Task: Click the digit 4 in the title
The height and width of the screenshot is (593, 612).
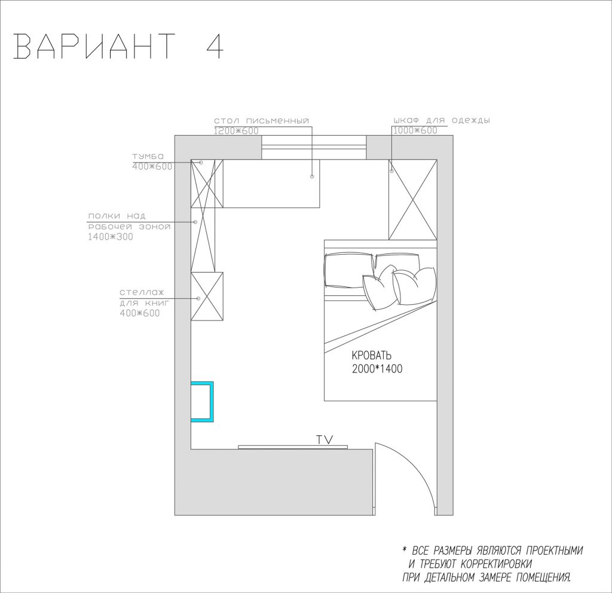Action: [214, 47]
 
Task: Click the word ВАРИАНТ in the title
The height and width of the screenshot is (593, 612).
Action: [94, 47]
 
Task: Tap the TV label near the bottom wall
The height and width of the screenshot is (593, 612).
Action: [325, 439]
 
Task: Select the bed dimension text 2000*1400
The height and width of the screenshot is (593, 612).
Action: [377, 368]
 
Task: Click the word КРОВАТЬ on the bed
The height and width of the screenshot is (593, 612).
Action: [372, 356]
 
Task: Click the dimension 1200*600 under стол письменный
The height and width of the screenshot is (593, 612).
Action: [236, 131]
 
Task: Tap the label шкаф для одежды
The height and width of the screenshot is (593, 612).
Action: [442, 120]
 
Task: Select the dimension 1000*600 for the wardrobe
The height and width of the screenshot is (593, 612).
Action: [415, 130]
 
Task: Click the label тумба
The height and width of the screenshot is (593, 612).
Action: [148, 156]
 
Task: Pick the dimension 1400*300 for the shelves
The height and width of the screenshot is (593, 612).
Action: [111, 237]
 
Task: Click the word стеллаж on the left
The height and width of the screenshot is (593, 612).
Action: [142, 292]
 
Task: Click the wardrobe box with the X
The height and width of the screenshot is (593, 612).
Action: [412, 200]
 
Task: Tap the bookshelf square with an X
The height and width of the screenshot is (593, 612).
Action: [207, 296]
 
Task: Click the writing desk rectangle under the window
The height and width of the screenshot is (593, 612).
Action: [271, 184]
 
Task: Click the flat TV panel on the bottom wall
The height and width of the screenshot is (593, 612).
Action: [292, 447]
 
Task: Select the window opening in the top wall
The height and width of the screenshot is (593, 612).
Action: [314, 147]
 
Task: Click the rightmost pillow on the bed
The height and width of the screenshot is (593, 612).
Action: [415, 285]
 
